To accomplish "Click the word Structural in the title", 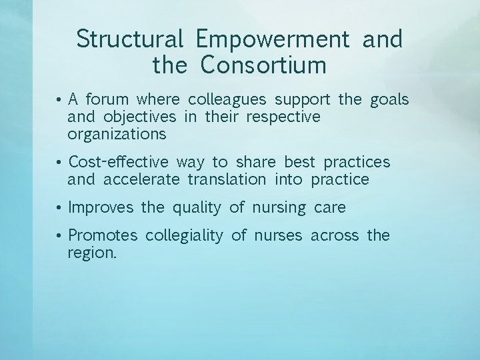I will click(x=130, y=40).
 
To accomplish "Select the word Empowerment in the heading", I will click(x=273, y=40).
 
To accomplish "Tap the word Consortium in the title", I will click(x=263, y=66).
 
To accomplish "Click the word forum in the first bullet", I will click(x=109, y=101).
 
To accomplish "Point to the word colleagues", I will click(x=227, y=101).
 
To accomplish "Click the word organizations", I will click(x=117, y=135).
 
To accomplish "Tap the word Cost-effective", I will click(x=118, y=163).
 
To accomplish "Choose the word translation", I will click(x=231, y=179).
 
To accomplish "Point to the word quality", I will click(x=196, y=208).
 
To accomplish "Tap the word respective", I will click(x=283, y=117).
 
